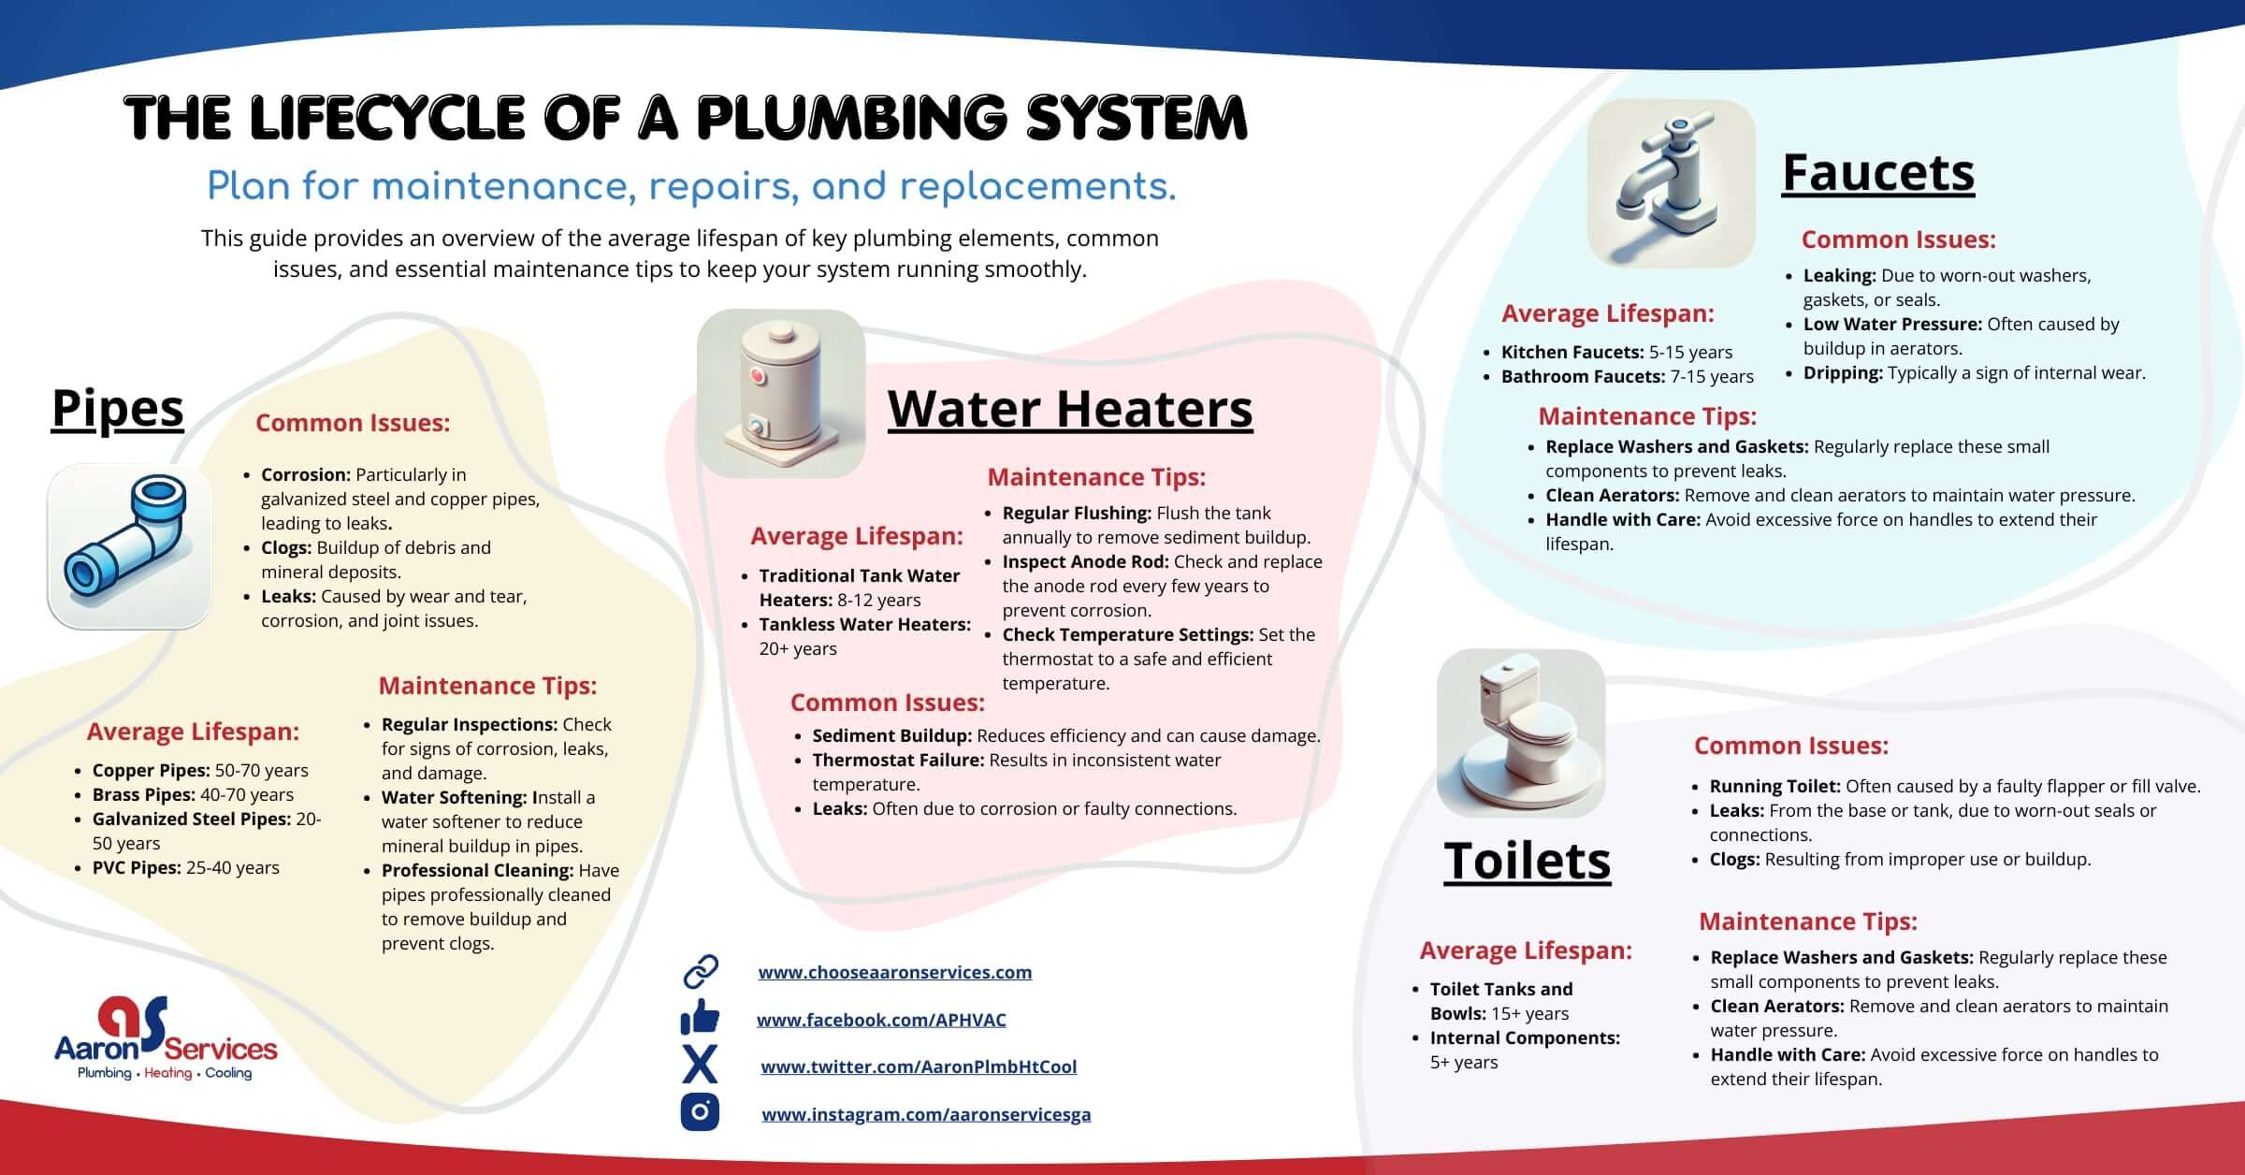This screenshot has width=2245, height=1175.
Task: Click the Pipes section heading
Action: pos(118,409)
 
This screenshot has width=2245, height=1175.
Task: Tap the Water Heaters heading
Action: pos(1070,409)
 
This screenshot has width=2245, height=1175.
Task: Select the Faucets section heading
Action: pos(1878,173)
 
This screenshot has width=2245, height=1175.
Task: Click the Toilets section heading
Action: pos(1527,861)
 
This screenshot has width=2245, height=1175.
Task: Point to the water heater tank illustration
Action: pos(781,394)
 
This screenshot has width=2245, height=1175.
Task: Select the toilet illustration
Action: pos(1520,733)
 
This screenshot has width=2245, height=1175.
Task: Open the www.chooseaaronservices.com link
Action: pos(895,972)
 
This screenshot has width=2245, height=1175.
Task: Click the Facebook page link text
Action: pos(881,1020)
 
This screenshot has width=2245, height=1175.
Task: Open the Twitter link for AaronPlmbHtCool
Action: pos(919,1066)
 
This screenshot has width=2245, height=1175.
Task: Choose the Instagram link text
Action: pos(926,1114)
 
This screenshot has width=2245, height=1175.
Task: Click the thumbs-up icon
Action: pos(700,1017)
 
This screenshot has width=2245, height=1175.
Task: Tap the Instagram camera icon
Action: pos(700,1111)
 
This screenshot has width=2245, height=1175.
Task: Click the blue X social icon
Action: pos(700,1065)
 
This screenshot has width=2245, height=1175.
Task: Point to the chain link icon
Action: pos(701,972)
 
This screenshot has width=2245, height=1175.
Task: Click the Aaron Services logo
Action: pos(166,1038)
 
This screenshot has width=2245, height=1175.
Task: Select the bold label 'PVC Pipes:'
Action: pos(137,868)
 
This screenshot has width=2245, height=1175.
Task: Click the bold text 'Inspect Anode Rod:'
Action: pos(1086,562)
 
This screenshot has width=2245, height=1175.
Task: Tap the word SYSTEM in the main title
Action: pos(1137,118)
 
